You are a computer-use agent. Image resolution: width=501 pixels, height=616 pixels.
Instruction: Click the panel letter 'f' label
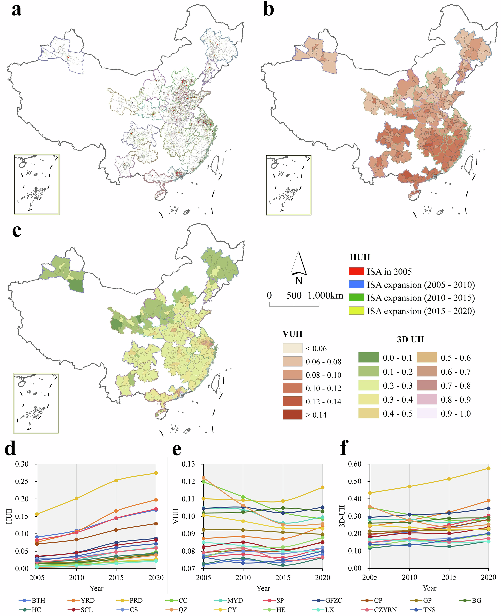344,448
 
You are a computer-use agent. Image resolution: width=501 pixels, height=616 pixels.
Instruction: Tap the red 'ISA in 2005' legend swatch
356,271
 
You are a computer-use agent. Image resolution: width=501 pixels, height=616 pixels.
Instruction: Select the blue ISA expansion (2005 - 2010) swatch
356,285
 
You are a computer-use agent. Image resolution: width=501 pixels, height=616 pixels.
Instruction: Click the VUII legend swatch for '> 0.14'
292,415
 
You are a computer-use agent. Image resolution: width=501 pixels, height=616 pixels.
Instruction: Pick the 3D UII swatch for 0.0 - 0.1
368,358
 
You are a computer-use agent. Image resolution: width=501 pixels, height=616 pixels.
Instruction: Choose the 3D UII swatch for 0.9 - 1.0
427,413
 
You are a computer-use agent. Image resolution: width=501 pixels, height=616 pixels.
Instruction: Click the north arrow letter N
299,281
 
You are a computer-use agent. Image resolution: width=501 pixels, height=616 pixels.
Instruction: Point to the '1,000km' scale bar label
326,295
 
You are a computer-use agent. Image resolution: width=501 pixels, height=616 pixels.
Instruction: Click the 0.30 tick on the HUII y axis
22,464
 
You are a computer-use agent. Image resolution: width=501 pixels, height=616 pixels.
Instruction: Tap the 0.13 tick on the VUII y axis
188,464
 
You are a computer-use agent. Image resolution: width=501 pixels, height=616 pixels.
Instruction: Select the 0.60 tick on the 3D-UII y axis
355,464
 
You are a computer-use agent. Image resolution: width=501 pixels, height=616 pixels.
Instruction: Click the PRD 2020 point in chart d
156,473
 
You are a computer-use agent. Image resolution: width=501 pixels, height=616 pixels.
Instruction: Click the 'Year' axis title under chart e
263,588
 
